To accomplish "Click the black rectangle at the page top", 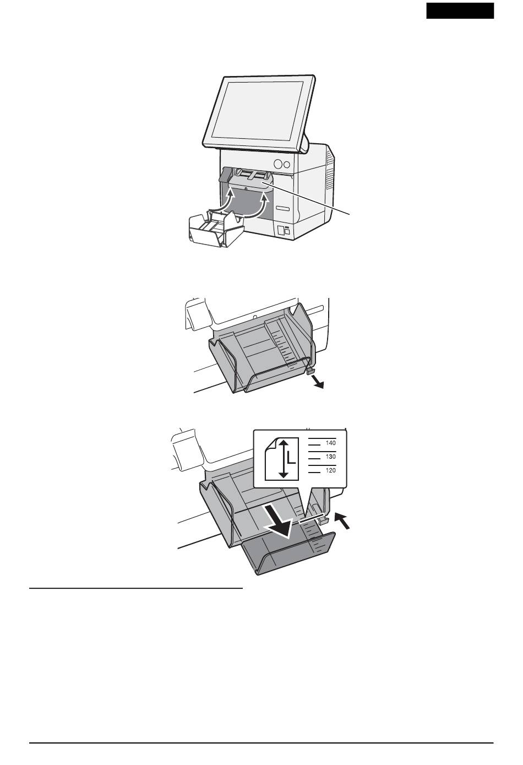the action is tap(460, 10).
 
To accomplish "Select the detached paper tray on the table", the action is tap(216, 228).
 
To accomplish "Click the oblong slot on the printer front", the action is tap(283, 208).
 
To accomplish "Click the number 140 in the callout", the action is tap(330, 443).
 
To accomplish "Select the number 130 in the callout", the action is tap(330, 457).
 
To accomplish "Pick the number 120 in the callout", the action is tap(330, 470).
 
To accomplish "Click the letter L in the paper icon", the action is tap(291, 458).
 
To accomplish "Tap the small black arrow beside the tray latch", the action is tap(342, 521).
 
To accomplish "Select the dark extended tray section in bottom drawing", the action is tap(288, 552).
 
